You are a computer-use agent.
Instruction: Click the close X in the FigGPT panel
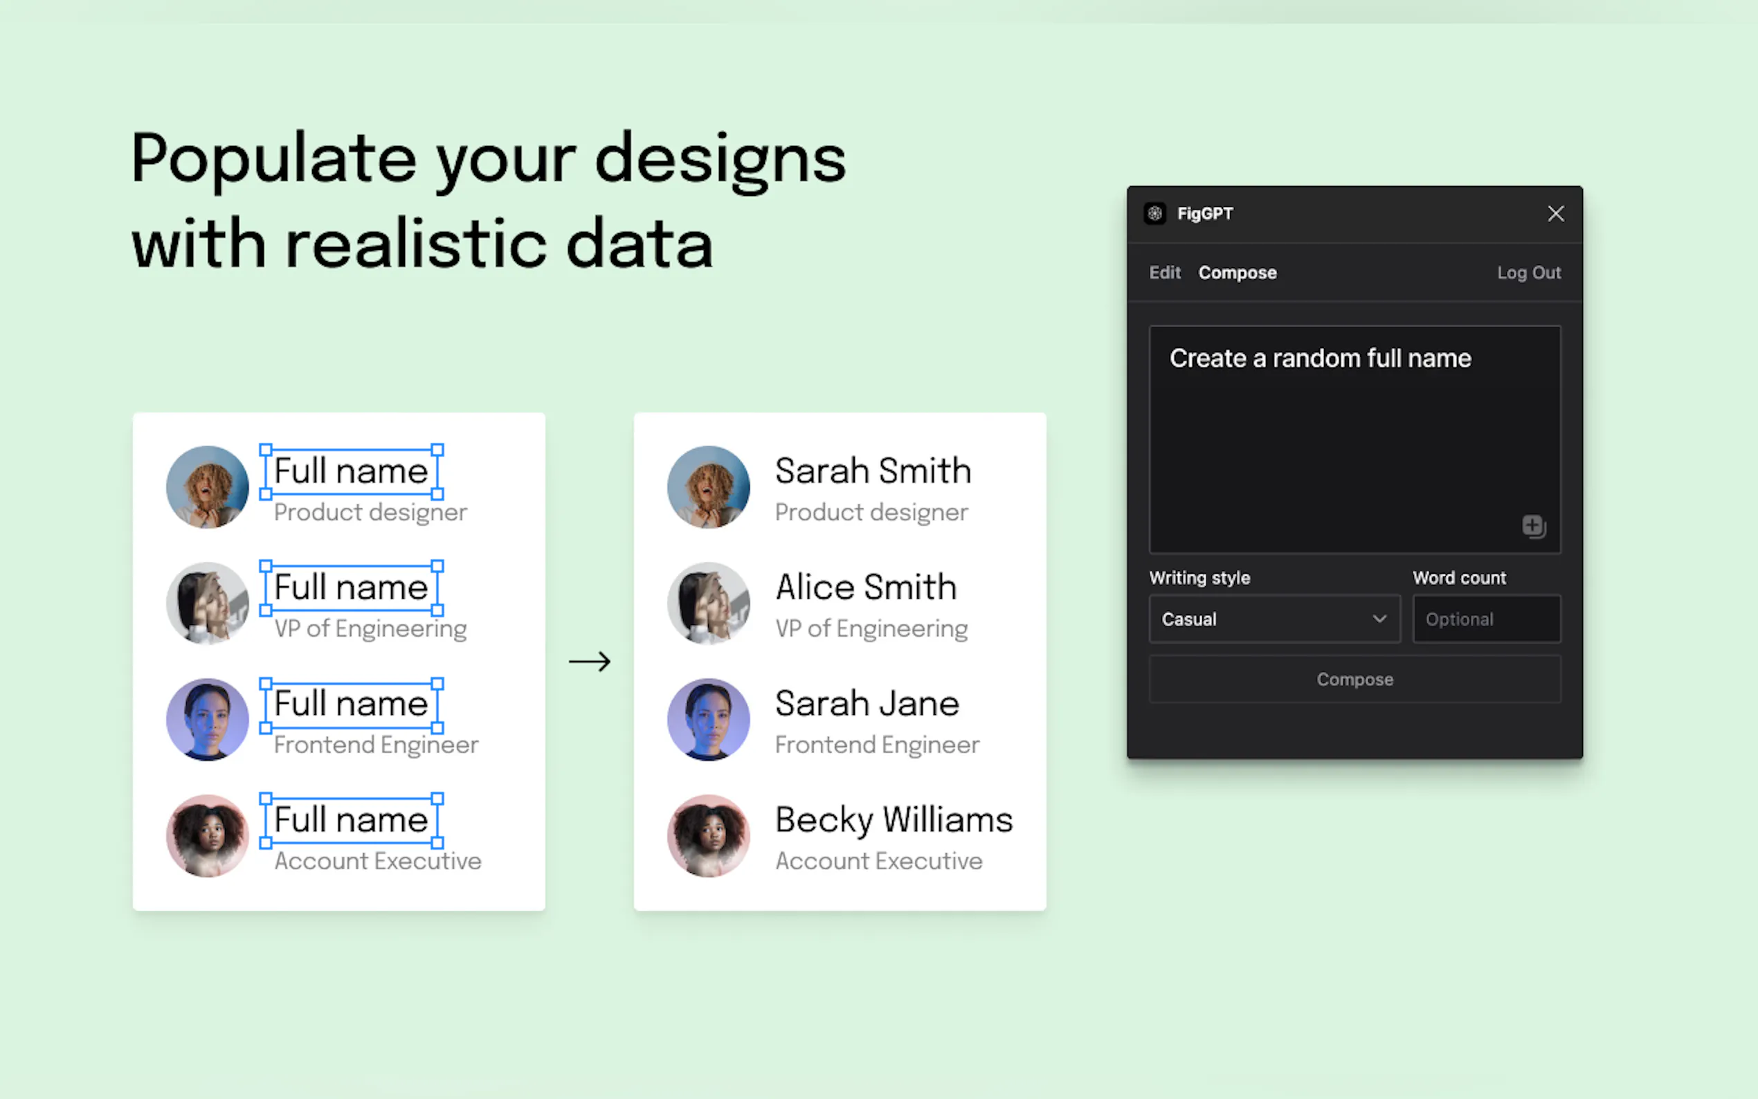1555,214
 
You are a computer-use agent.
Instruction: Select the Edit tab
1164,273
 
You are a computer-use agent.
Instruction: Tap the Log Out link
1528,273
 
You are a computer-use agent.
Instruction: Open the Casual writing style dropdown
1274,619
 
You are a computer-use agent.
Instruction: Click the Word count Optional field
1486,619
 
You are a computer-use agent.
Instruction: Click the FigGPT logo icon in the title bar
1154,214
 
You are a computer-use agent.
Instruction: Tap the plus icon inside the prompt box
1534,525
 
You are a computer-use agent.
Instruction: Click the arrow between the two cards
590,662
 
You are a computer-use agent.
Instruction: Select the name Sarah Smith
873,471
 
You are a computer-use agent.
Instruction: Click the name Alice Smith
866,588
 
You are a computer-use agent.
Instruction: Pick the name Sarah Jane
867,704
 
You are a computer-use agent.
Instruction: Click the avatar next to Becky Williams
709,836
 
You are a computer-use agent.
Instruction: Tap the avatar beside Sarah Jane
709,720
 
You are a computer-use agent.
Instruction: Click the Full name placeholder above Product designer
351,471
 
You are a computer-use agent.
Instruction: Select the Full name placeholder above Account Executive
351,820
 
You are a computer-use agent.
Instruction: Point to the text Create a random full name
1320,358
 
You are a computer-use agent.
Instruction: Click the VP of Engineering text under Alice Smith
871,628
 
